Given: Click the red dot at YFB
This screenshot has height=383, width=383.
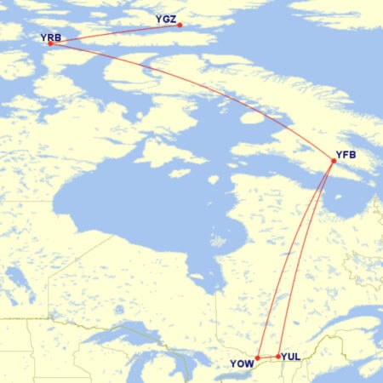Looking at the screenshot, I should [334, 161].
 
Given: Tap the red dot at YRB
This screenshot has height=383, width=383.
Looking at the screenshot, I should [50, 43].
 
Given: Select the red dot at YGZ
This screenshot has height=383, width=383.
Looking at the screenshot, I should [180, 25].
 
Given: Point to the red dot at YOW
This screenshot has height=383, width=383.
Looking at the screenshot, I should [258, 357].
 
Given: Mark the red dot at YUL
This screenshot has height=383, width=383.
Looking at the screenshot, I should [278, 356].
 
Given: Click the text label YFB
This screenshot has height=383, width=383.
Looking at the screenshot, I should [346, 154].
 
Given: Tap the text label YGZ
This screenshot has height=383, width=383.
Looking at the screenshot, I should [167, 18].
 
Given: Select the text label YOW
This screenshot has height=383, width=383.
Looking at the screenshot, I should [242, 364].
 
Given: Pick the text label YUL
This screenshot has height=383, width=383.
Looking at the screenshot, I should [290, 356].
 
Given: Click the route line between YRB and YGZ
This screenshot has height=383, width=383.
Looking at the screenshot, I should [115, 33].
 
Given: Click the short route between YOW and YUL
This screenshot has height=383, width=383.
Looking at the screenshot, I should [268, 357].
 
